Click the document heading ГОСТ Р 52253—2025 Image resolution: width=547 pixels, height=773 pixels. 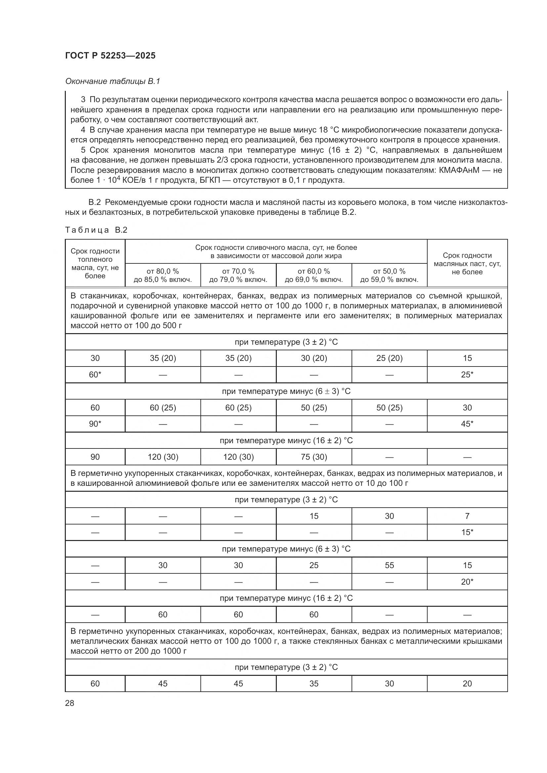tap(110, 56)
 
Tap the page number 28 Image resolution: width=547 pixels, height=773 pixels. tap(69, 703)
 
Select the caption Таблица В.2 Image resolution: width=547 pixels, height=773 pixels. tap(96, 230)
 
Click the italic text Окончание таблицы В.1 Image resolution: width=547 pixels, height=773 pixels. tap(112, 81)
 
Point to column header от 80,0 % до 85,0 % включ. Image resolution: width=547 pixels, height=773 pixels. tap(163, 275)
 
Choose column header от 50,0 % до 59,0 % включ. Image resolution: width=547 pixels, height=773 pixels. tap(389, 275)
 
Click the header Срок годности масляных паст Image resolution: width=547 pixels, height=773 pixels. tap(467, 263)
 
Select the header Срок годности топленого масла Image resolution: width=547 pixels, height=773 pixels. tap(95, 263)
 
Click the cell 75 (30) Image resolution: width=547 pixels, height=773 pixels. tap(314, 457)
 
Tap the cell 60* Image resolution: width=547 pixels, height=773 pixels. tap(95, 374)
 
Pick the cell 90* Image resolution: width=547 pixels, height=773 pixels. tap(95, 424)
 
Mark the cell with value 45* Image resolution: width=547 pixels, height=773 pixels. tap(467, 424)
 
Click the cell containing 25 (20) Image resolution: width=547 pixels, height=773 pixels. tap(389, 358)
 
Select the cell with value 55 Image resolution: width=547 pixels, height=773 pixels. tap(389, 565)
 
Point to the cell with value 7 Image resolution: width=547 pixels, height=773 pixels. tap(467, 516)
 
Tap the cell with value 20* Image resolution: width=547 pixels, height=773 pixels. tap(467, 582)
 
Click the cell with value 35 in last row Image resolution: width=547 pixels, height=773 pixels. tap(314, 683)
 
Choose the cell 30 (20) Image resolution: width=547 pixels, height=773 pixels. tap(314, 358)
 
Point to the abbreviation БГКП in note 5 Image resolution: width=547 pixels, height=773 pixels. tap(209, 180)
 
